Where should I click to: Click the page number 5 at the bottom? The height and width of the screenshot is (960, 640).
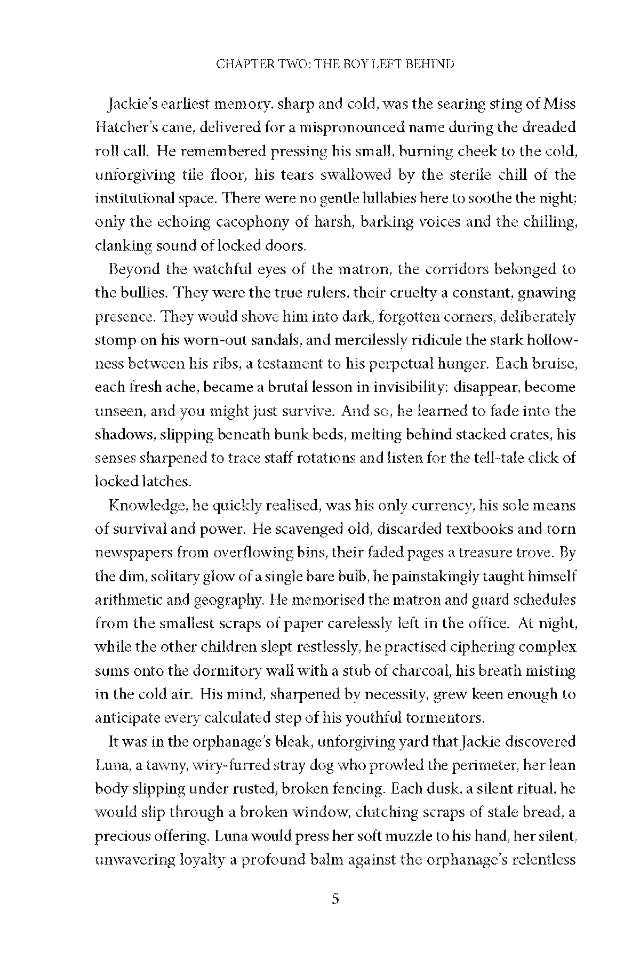pos(335,914)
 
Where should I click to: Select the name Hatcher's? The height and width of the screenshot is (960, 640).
pos(124,128)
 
